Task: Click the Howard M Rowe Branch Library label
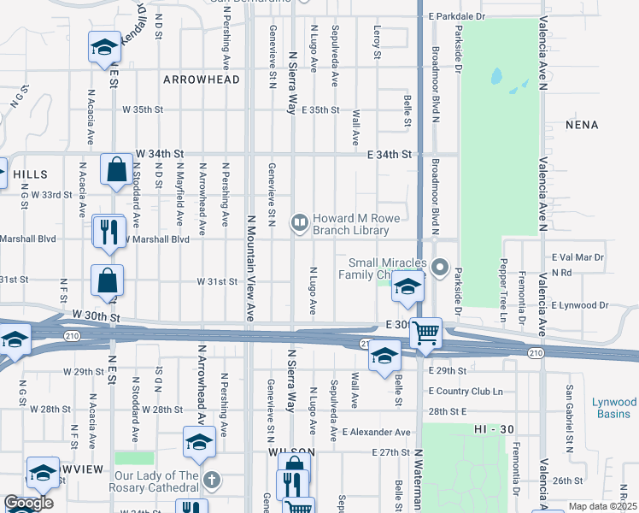[350, 224]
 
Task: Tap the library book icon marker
[300, 224]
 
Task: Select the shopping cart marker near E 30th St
[425, 332]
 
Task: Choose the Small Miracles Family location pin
[441, 268]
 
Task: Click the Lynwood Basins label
[614, 408]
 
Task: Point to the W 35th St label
[143, 109]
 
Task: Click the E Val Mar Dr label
[578, 256]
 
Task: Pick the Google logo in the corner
[28, 503]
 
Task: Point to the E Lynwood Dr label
[580, 304]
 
